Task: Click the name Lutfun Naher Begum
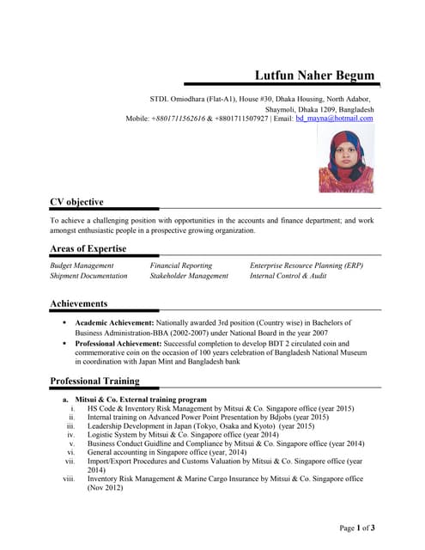click(x=316, y=76)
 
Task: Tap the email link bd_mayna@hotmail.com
click(x=334, y=119)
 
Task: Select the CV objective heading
click(x=76, y=202)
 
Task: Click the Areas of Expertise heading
click(x=88, y=248)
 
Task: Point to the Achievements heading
click(x=79, y=303)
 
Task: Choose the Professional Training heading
click(x=94, y=381)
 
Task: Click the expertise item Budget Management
click(x=82, y=266)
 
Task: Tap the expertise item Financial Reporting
click(x=180, y=266)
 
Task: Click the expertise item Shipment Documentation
click(x=88, y=276)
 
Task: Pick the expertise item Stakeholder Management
click(x=189, y=276)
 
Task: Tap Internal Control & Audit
click(x=288, y=276)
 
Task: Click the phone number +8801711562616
click(x=179, y=119)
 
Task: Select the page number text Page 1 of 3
click(x=357, y=527)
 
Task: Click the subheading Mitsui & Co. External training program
click(x=141, y=400)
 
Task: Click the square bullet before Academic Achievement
click(x=65, y=321)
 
